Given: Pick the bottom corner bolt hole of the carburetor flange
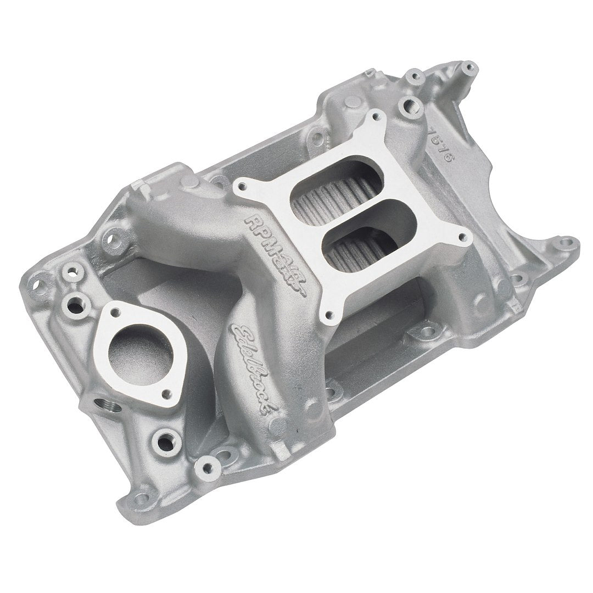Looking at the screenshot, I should [329, 316].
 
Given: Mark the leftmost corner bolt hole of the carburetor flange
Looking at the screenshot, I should [240, 189].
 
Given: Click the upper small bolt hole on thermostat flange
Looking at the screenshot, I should [116, 312].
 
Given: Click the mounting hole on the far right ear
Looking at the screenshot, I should [566, 242].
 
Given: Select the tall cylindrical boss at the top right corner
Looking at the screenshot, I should [468, 69].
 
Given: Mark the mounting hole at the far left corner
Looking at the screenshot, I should [40, 284].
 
